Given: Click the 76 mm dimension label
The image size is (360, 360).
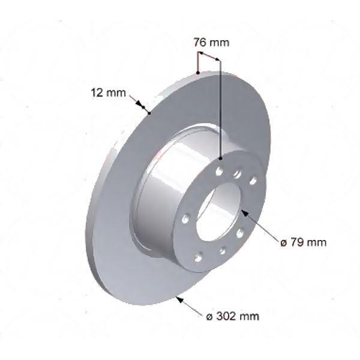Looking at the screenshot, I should (x=211, y=43).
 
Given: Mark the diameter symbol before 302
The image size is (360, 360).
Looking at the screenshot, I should (x=209, y=315).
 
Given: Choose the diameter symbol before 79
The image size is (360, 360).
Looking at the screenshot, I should (x=284, y=243).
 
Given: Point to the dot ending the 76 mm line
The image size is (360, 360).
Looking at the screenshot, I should (x=220, y=158).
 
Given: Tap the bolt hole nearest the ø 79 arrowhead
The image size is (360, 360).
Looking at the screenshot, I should (x=239, y=232).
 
